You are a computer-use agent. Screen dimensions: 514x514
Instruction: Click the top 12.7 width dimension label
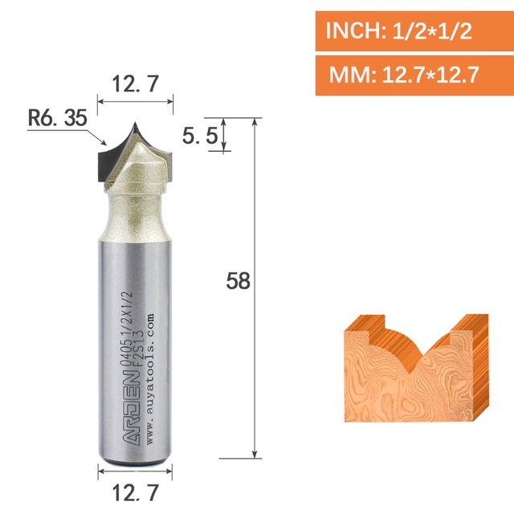[136, 84]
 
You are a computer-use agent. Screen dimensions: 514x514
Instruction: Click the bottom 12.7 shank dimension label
[136, 492]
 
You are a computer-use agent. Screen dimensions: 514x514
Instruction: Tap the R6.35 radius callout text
[58, 118]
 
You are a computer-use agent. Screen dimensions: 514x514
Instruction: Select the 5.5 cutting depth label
[200, 136]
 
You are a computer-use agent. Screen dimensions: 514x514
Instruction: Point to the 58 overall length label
[239, 281]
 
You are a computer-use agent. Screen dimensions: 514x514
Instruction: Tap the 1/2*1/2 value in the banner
[432, 31]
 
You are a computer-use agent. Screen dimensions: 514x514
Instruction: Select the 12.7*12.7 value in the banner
[430, 75]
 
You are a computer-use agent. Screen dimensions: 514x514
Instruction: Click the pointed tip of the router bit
[135, 122]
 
